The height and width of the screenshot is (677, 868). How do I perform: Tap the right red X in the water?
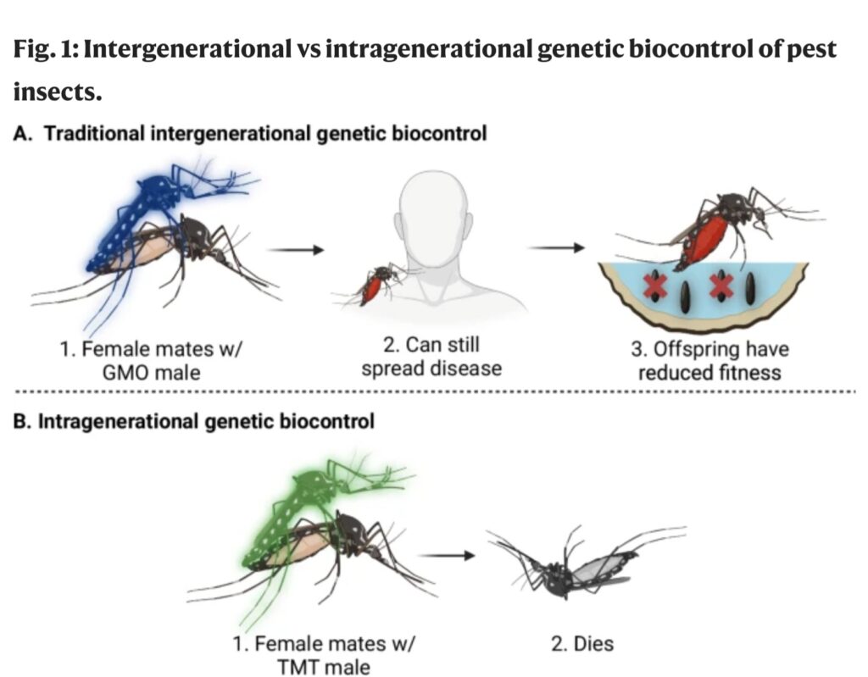(721, 286)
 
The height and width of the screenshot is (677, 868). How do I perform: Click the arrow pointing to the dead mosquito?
(448, 556)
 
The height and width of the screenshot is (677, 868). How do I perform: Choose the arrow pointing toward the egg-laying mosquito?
(556, 248)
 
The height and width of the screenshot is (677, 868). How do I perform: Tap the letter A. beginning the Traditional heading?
(23, 134)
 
